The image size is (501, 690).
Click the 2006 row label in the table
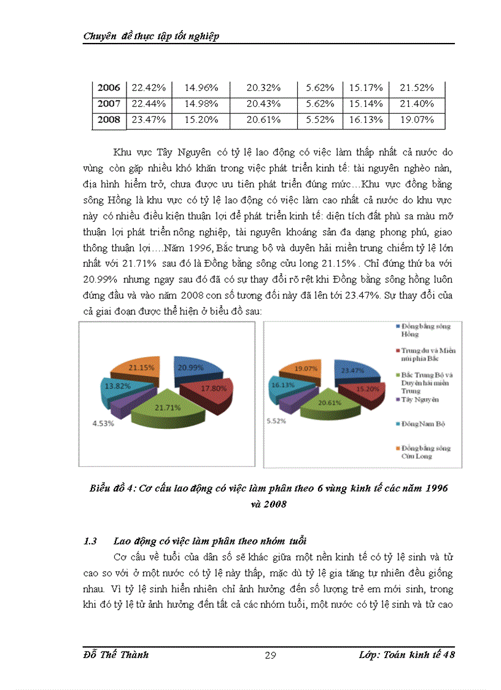pyautogui.click(x=109, y=88)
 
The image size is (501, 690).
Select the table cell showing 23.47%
pyautogui.click(x=149, y=120)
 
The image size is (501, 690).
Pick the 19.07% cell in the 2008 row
pyautogui.click(x=416, y=120)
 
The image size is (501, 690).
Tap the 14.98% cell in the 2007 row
pyautogui.click(x=201, y=104)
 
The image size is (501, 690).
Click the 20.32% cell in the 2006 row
pyautogui.click(x=263, y=88)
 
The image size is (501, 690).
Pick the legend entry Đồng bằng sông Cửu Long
pyautogui.click(x=424, y=452)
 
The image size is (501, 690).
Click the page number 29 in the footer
pyautogui.click(x=270, y=656)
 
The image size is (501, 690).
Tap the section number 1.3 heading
pyautogui.click(x=90, y=541)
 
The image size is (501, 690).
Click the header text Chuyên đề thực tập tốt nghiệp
pyautogui.click(x=151, y=37)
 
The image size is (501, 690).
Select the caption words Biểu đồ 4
pyautogui.click(x=110, y=488)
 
